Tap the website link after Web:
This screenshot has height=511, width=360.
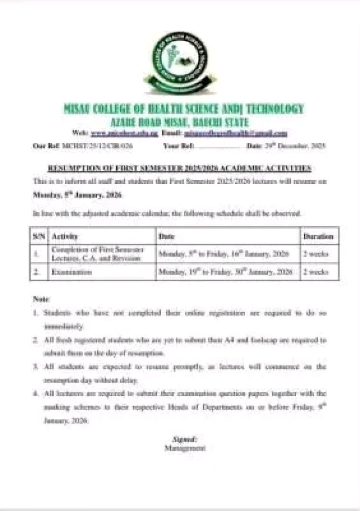[x=118, y=133]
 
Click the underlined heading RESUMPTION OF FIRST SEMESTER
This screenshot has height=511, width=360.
[x=180, y=168]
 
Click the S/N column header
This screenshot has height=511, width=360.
[x=39, y=236]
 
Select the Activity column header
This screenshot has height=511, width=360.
[x=64, y=236]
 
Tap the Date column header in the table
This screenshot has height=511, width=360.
[x=167, y=236]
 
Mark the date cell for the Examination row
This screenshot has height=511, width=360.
[x=225, y=272]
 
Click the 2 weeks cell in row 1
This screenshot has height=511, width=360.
[x=315, y=254]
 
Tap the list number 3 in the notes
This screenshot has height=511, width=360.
[x=36, y=367]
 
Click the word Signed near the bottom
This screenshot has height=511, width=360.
[x=184, y=439]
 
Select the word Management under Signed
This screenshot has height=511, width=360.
[x=184, y=448]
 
